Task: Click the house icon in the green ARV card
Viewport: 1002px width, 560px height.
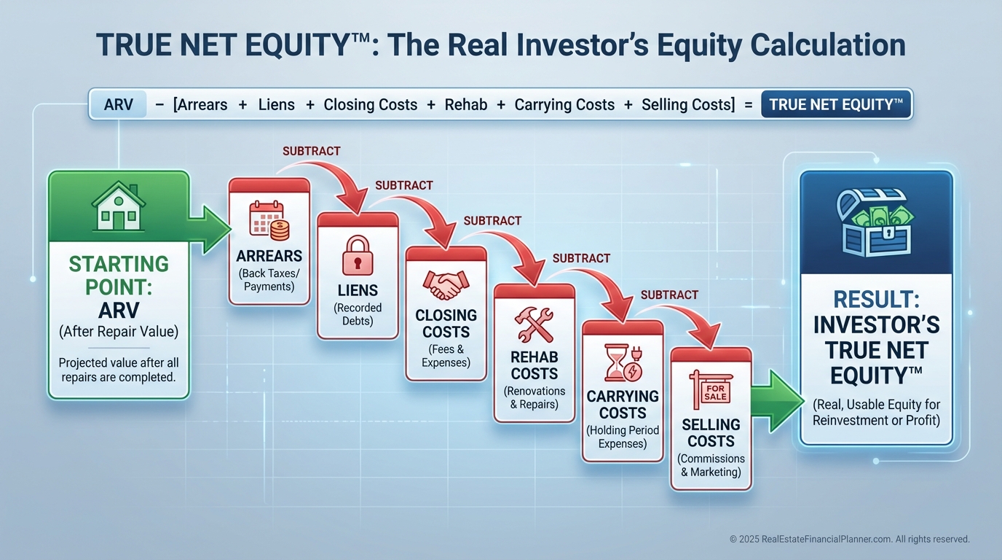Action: [119, 206]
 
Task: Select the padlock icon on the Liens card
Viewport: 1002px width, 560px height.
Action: [358, 255]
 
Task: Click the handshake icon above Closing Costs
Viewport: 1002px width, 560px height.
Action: [446, 285]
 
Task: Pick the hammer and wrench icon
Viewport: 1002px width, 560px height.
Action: [534, 324]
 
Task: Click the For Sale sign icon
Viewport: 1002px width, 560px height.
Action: [711, 389]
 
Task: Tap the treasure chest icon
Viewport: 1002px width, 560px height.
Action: [876, 222]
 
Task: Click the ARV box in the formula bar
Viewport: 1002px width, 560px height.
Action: [119, 104]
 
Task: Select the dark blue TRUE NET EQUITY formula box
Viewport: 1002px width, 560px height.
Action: [836, 104]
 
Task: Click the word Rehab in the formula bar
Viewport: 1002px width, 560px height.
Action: [465, 105]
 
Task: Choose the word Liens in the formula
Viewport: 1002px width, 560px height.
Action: [277, 105]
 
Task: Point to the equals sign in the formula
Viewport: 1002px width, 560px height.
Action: [749, 105]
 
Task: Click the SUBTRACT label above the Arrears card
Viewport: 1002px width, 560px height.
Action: [312, 151]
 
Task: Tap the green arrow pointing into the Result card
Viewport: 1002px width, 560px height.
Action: [778, 401]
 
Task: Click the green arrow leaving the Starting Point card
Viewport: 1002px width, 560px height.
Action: [209, 230]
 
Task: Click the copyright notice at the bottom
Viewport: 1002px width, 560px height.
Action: [850, 539]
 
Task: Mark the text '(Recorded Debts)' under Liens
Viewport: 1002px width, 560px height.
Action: [358, 314]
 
